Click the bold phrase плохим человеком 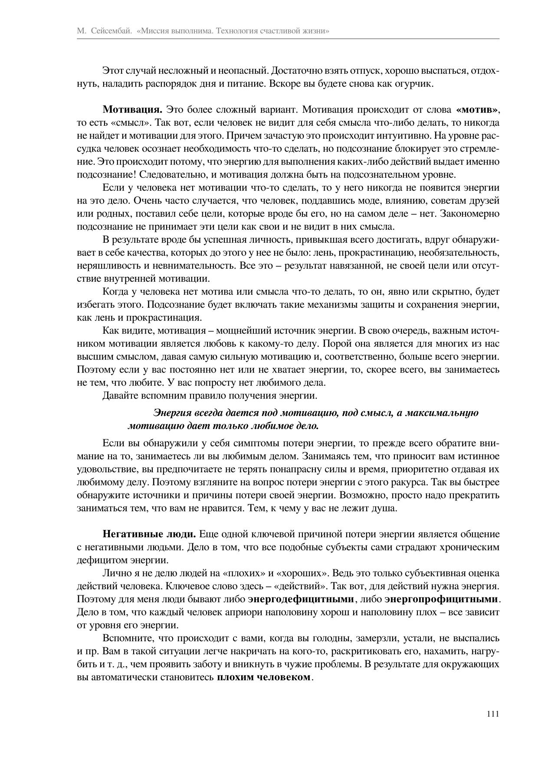point(264,677)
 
